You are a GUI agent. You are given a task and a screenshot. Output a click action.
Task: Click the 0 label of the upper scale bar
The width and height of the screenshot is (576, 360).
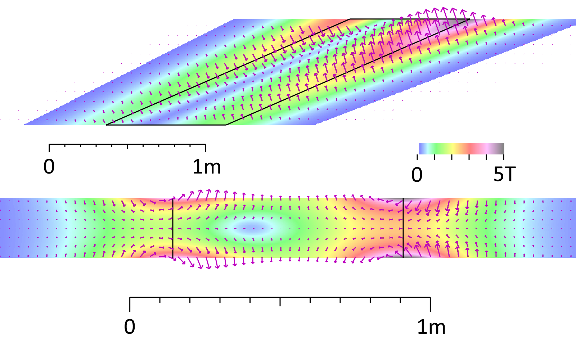pyautogui.click(x=49, y=167)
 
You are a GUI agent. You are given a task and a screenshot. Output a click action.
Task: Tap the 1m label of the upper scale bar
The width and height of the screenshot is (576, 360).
pyautogui.click(x=207, y=167)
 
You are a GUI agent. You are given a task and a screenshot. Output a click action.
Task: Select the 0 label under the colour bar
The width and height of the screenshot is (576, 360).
pyautogui.click(x=417, y=175)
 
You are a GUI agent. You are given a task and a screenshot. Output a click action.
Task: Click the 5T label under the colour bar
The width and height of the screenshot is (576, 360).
pyautogui.click(x=504, y=175)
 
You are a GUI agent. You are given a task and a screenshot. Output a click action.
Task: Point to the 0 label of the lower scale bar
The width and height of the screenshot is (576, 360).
pyautogui.click(x=130, y=327)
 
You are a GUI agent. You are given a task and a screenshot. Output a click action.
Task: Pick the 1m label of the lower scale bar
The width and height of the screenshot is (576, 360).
pyautogui.click(x=431, y=327)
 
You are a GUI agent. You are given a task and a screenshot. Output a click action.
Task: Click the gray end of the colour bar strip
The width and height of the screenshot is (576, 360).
pyautogui.click(x=500, y=148)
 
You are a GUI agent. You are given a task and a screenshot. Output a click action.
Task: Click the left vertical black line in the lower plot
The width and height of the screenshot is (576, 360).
pyautogui.click(x=173, y=228)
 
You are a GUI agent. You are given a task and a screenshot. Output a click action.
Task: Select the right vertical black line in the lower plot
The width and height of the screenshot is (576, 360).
pyautogui.click(x=403, y=228)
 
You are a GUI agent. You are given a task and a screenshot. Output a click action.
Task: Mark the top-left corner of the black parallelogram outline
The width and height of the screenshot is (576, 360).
pyautogui.click(x=350, y=19)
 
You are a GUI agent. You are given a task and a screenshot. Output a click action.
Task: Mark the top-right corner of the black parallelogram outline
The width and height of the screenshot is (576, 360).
pyautogui.click(x=469, y=19)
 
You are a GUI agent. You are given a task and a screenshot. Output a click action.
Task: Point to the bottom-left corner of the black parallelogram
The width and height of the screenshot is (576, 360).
pyautogui.click(x=107, y=125)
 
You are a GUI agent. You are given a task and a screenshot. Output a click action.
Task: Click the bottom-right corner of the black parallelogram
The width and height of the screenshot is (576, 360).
pyautogui.click(x=226, y=125)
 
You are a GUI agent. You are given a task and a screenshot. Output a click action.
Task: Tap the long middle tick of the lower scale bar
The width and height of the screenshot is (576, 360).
pyautogui.click(x=280, y=302)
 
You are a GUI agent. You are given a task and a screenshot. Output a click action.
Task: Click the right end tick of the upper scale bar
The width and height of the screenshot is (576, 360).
pyautogui.click(x=206, y=148)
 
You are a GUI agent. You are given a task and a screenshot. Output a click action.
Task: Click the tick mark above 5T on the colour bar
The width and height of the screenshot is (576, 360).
pyautogui.click(x=504, y=157)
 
